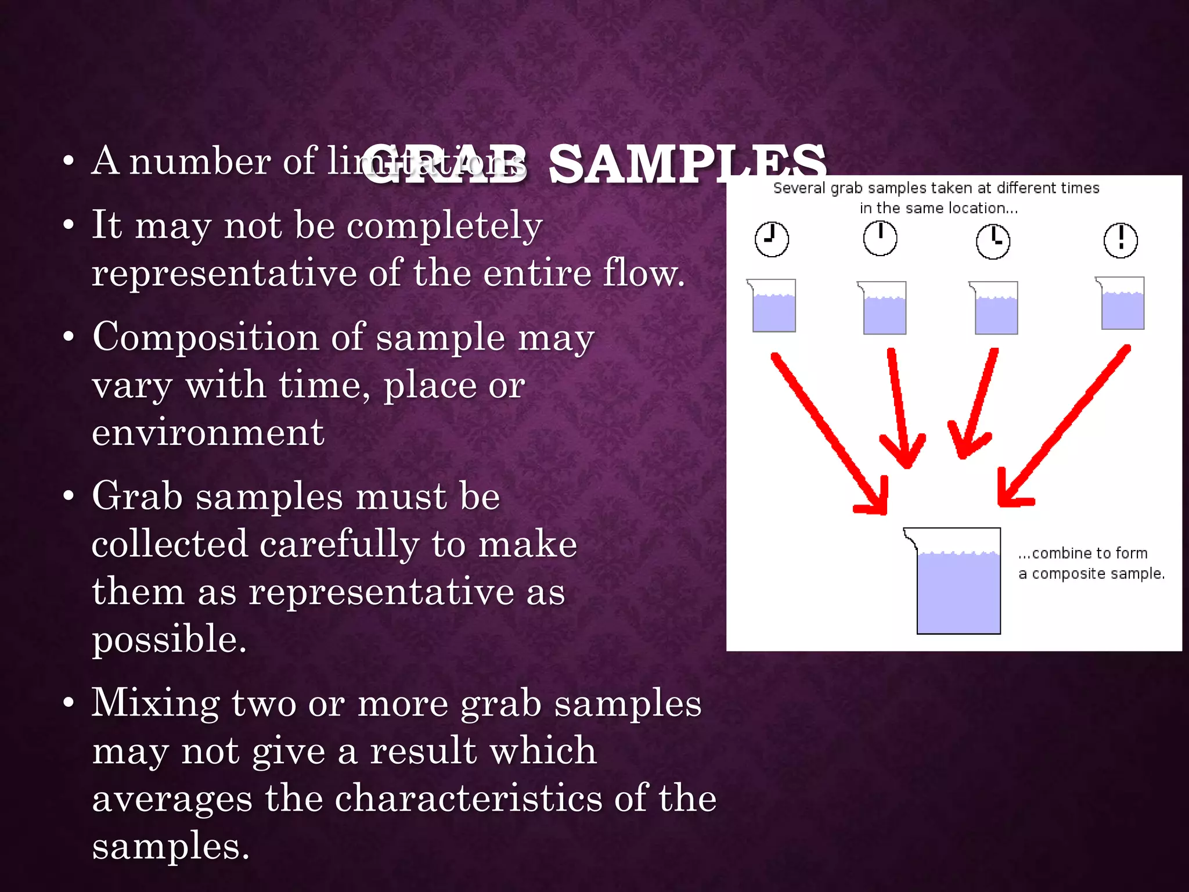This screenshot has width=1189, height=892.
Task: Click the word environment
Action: [208, 433]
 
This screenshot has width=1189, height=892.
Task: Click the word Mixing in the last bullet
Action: [156, 704]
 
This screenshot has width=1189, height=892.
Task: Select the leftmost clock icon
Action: [772, 239]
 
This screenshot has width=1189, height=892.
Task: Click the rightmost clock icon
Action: [1120, 240]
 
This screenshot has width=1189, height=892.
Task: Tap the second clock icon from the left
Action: [880, 238]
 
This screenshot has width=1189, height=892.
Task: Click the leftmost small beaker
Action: [773, 306]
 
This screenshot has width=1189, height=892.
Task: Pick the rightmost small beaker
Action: [1122, 304]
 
